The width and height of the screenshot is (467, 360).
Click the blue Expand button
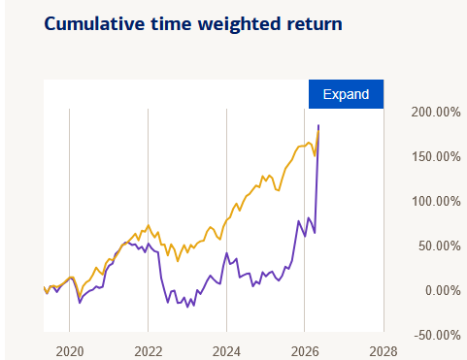346,94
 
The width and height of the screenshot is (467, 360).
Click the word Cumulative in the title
94,24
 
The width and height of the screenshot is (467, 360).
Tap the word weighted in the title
240,24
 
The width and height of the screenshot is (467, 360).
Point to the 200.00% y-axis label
436,113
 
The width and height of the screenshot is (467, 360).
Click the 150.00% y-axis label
436,157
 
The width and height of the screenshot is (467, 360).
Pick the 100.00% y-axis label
436,202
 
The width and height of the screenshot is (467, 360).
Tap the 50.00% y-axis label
439,246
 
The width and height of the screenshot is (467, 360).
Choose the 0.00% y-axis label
443,291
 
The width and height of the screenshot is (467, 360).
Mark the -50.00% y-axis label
437,336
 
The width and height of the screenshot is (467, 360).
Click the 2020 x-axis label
70,351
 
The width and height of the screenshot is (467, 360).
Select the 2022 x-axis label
149,351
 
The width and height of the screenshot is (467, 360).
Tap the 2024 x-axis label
226,351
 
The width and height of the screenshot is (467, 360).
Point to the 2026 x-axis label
305,351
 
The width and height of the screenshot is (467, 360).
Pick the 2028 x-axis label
384,351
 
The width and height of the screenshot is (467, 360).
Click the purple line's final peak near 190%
318,125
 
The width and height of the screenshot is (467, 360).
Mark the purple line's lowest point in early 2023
187,307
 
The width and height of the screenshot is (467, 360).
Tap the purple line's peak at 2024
226,253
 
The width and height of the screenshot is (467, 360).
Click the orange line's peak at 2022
149,225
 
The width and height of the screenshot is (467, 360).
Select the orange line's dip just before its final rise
315,156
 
